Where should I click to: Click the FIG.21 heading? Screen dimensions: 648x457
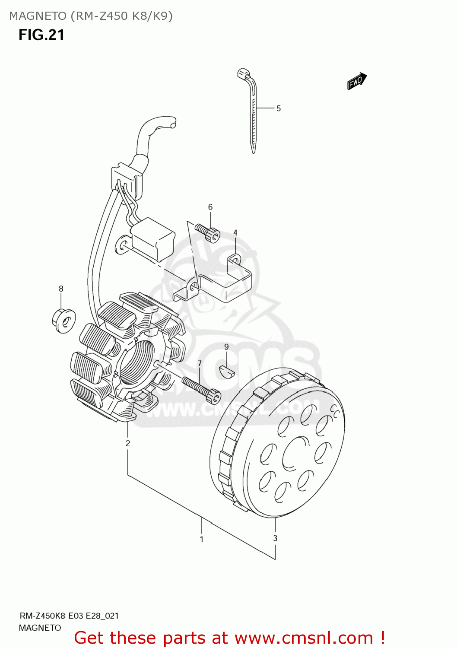[x=41, y=35]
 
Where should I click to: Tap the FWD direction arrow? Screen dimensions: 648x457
[x=357, y=81]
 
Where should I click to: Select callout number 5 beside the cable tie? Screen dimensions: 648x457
[x=279, y=108]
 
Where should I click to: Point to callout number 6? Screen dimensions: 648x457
[x=210, y=207]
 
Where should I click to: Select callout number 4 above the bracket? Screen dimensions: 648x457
[x=235, y=233]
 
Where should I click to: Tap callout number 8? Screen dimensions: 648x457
[x=61, y=289]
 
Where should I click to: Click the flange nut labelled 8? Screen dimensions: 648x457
[x=63, y=320]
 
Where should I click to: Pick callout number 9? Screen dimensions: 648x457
[x=226, y=347]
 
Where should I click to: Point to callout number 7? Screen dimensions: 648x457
[x=200, y=363]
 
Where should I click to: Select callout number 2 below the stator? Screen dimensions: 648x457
[x=128, y=443]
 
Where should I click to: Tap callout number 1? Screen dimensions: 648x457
[x=201, y=539]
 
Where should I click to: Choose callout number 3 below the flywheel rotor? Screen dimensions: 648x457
[x=275, y=538]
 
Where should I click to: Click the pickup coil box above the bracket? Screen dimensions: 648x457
[x=153, y=239]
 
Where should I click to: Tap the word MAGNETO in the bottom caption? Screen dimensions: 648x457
[x=40, y=628]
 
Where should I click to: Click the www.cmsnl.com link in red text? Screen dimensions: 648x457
[x=304, y=638]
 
